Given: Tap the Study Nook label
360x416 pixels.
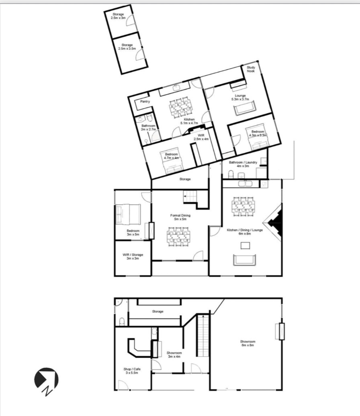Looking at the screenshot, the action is click(x=251, y=69).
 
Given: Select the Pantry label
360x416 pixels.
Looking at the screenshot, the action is click(x=145, y=101).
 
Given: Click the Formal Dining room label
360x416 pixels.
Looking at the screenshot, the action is click(x=180, y=217).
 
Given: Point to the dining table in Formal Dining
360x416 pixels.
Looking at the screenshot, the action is click(x=179, y=237).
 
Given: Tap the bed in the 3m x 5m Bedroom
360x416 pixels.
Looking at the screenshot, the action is click(x=128, y=214).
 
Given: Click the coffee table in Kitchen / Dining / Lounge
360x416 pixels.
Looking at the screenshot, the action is click(x=245, y=246).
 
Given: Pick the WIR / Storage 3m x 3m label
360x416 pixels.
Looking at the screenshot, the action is click(x=133, y=256).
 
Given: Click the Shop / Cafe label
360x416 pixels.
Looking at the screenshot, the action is click(x=132, y=371).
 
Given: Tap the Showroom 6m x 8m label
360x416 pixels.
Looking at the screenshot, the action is click(x=247, y=343).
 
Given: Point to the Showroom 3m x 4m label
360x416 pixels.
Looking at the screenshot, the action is click(x=174, y=355).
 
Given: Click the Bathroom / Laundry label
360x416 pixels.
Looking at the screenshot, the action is click(x=243, y=164).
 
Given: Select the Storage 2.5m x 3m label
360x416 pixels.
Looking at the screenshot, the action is click(x=118, y=16).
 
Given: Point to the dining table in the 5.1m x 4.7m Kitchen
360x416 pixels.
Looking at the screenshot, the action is click(x=180, y=107).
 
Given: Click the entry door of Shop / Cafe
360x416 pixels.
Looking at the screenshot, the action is click(x=124, y=385).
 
